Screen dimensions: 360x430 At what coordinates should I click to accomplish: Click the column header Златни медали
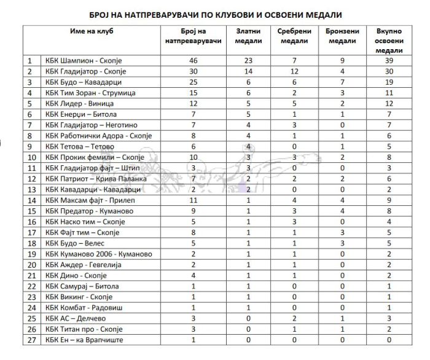pyautogui.click(x=249, y=36)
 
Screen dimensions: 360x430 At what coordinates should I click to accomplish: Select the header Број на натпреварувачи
pyautogui.click(x=193, y=36)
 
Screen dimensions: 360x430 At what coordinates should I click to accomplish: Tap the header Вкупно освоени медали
pyautogui.click(x=388, y=41)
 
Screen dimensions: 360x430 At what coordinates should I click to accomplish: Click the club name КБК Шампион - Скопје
pyautogui.click(x=84, y=61)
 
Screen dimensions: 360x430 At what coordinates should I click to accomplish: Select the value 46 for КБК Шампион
pyautogui.click(x=193, y=61)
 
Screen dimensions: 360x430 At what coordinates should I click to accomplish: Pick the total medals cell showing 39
pyautogui.click(x=388, y=61)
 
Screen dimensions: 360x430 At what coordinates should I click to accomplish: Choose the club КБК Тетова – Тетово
pyautogui.click(x=79, y=147)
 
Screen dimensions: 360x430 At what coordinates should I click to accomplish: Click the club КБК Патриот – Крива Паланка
pyautogui.click(x=95, y=179)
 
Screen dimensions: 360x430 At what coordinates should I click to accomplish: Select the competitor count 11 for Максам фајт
pyautogui.click(x=193, y=200)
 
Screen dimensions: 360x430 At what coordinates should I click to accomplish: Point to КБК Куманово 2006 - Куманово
pyautogui.click(x=98, y=254)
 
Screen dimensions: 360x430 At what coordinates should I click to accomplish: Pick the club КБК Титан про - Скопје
pyautogui.click(x=84, y=329)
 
